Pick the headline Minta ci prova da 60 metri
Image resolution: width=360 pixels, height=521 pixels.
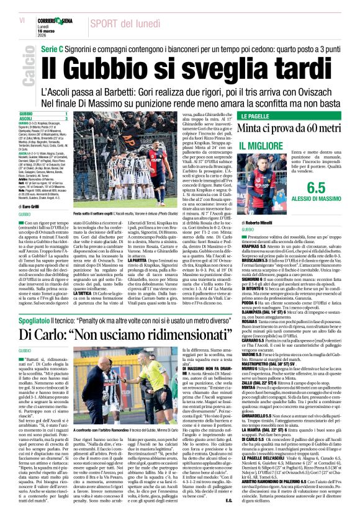coord(295,129)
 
